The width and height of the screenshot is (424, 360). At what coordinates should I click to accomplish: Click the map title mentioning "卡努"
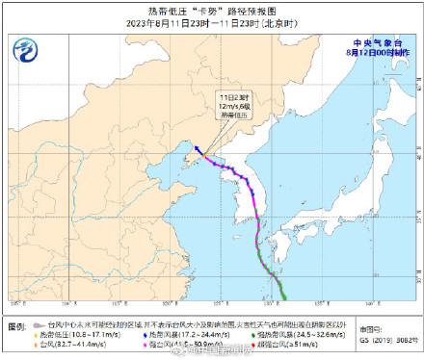coord(212,10)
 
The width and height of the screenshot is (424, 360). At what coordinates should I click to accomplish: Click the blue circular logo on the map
coord(26,50)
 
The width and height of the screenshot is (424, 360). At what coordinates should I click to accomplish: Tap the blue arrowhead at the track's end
coord(195,147)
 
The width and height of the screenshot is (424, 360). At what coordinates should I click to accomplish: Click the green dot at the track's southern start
coord(281,295)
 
